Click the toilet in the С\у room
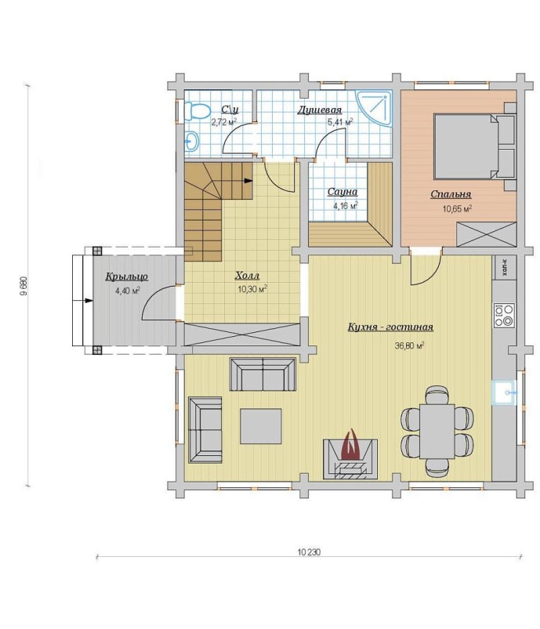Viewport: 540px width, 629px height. tap(198, 110)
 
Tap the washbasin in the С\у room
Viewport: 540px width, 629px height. tap(191, 141)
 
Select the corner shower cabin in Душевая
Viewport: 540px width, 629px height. tap(373, 109)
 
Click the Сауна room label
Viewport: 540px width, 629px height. tap(342, 192)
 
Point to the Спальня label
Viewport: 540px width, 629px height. tap(451, 194)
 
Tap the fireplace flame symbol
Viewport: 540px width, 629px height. tap(351, 445)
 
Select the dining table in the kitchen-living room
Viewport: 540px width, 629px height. tap(437, 432)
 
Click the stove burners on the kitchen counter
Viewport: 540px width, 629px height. tap(504, 315)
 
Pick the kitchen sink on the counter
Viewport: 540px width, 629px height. tap(504, 392)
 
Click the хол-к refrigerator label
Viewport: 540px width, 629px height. tap(504, 267)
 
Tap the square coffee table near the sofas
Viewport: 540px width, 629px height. tap(260, 425)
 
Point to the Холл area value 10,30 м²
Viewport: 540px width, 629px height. tap(252, 289)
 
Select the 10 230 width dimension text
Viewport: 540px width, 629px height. tap(309, 552)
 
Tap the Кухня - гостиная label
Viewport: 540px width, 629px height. tap(390, 327)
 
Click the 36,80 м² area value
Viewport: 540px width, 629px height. tap(410, 345)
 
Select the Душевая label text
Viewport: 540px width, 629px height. tap(319, 110)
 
